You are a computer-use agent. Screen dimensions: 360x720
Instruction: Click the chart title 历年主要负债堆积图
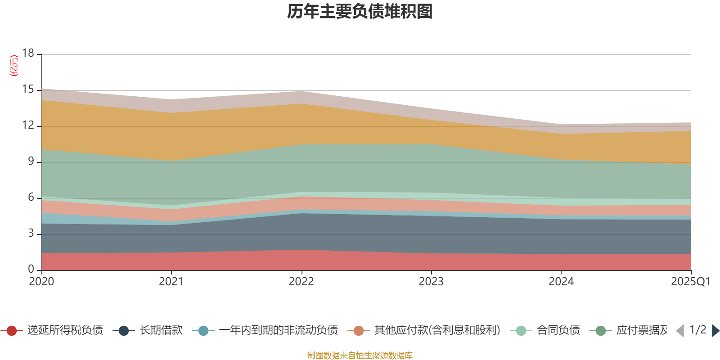360,12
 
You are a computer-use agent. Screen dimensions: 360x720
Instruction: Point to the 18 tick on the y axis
28,53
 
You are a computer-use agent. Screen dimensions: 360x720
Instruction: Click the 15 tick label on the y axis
28,90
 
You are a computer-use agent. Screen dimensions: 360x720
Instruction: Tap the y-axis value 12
28,126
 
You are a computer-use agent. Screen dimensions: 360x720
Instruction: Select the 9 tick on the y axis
31,162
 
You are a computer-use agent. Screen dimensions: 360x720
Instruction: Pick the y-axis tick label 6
31,198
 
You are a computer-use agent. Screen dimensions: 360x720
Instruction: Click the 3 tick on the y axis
31,234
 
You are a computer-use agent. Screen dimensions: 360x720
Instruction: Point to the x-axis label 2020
41,282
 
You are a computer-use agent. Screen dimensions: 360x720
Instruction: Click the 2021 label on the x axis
171,282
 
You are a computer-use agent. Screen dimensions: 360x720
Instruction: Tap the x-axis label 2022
301,282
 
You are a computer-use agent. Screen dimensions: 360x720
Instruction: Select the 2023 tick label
431,282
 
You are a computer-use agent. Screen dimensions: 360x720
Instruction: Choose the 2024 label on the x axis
561,282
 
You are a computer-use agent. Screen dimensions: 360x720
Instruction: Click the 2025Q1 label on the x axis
690,282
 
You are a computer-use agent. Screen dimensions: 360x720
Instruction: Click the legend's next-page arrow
715,331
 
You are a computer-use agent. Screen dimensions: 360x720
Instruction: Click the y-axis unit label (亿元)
14,66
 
